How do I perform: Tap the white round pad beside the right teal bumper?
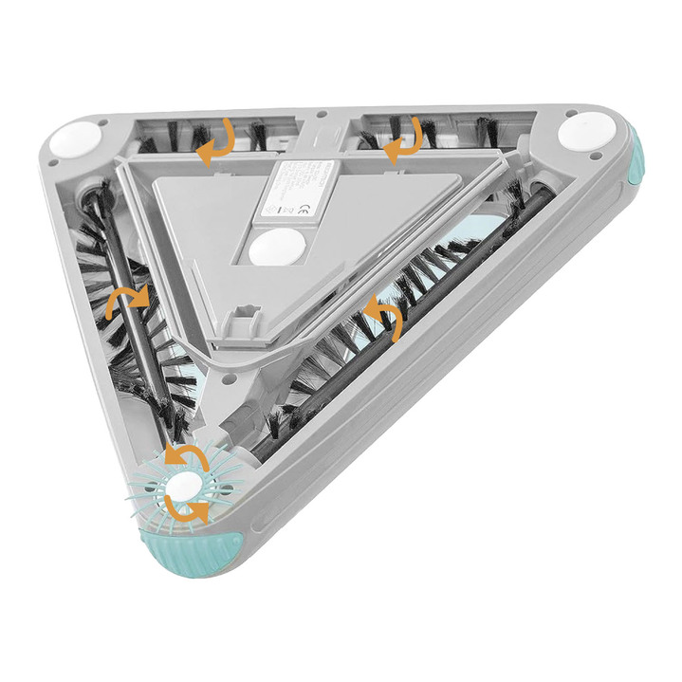[581, 131]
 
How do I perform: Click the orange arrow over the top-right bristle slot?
[403, 138]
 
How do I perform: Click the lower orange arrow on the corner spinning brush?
[188, 509]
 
